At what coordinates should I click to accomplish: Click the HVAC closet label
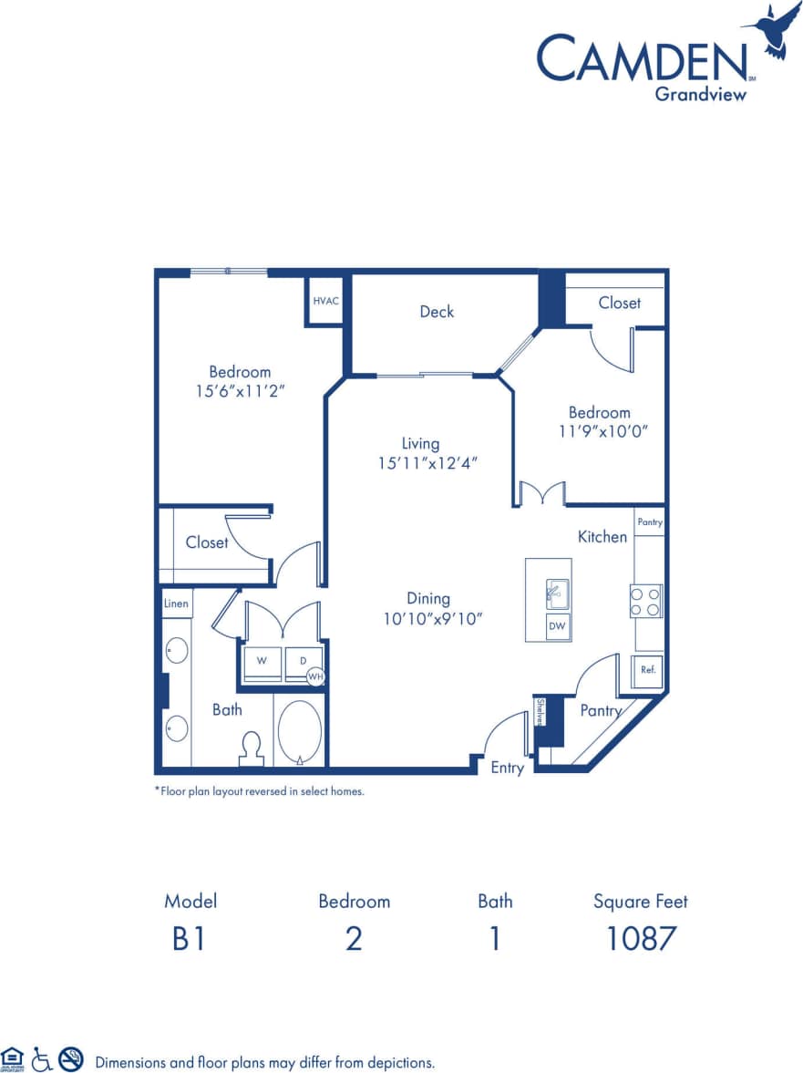325,301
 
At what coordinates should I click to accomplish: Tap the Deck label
437,312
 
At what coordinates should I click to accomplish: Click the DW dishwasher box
557,626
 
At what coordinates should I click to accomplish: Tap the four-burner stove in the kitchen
646,601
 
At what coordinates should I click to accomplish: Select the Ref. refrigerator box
646,670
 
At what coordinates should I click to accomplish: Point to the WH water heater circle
315,676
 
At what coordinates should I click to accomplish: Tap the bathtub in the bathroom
300,731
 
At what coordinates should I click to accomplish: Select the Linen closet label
177,604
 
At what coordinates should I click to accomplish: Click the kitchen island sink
556,593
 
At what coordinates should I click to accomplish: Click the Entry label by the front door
507,768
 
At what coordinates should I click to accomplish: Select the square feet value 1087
641,938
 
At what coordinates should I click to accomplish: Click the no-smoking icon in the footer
71,1059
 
